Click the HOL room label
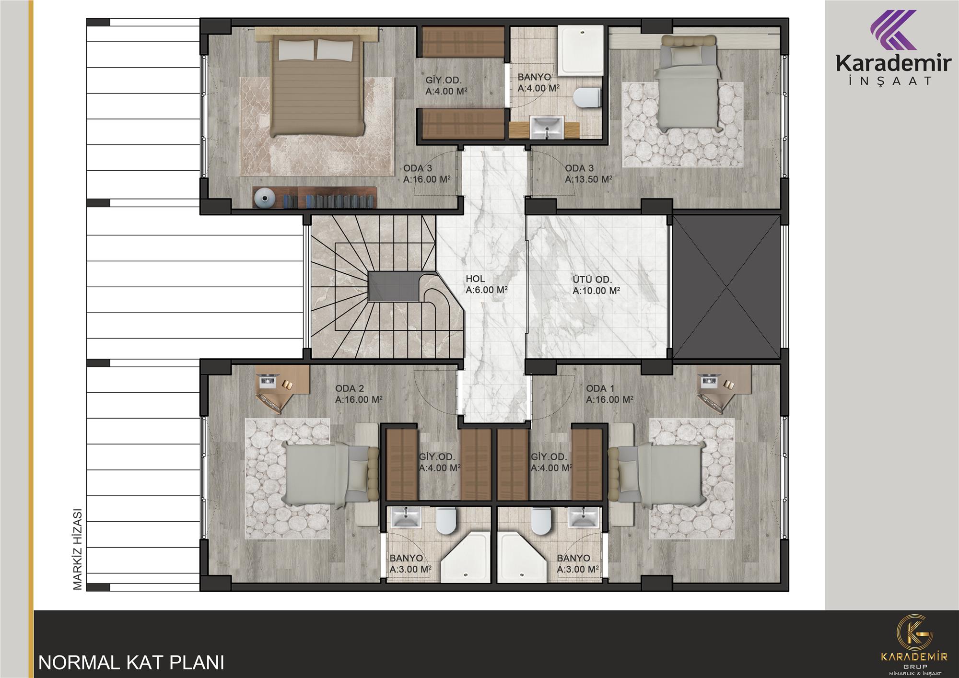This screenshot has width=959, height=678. [475, 279]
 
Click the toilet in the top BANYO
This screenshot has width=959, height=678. [587, 98]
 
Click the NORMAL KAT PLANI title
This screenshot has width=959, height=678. [131, 662]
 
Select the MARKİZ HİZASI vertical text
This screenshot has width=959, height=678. [78, 548]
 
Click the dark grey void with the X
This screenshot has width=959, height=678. [727, 287]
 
